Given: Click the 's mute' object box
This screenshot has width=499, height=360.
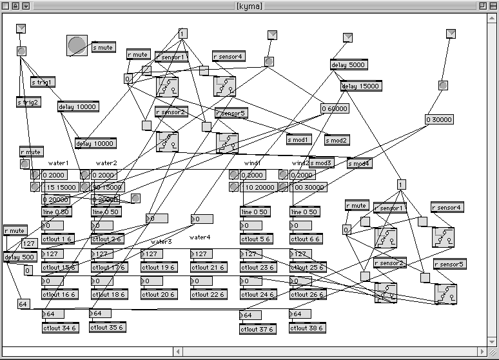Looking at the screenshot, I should [x=103, y=48].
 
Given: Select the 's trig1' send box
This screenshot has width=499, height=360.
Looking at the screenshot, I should [x=43, y=83].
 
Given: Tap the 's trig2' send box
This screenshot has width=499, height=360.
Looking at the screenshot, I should [x=28, y=102].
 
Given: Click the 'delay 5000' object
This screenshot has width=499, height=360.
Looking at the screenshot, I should [x=347, y=65].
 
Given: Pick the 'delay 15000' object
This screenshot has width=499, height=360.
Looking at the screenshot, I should [x=360, y=86].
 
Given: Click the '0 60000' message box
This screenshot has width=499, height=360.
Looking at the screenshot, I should [x=335, y=108].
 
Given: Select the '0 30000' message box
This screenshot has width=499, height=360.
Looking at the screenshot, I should [x=439, y=119].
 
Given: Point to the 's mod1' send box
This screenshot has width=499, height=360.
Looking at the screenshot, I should [x=299, y=139].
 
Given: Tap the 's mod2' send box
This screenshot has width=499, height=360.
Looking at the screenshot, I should [x=337, y=140].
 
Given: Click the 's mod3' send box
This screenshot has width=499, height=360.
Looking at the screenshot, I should [x=321, y=163].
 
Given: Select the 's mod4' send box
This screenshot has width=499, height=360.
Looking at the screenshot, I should [x=359, y=163].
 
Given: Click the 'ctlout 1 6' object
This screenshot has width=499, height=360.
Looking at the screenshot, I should [x=57, y=239].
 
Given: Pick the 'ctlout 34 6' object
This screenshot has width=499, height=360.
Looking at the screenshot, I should [x=57, y=328].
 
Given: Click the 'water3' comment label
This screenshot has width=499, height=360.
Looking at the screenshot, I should [x=161, y=242].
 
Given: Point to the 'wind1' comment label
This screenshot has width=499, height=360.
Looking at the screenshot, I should [x=252, y=164].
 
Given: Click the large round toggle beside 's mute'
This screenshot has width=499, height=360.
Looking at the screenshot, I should [x=77, y=45].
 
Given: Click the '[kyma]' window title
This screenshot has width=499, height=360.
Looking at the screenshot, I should [x=249, y=5].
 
